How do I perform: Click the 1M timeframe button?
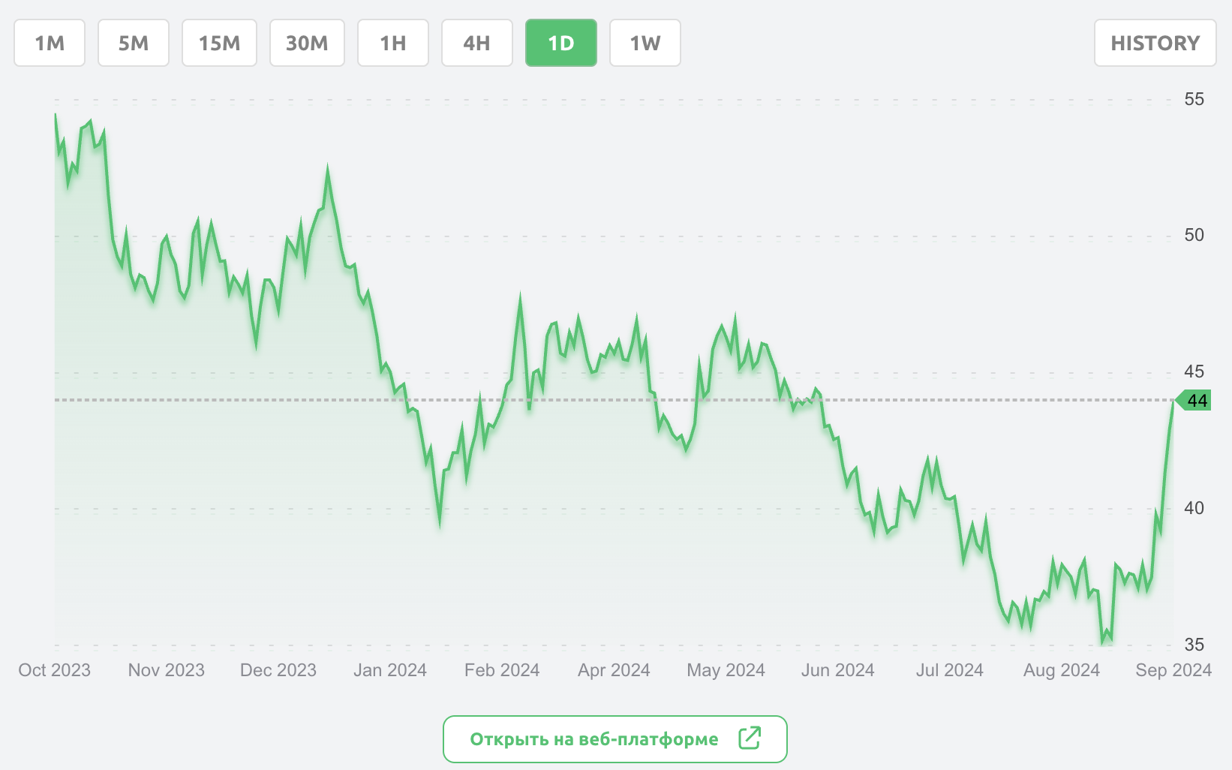coord(50,43)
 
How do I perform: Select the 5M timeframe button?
coord(134,43)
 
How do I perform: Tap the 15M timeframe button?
coord(219,43)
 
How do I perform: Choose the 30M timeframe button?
coord(307,43)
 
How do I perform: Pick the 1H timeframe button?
coord(393,43)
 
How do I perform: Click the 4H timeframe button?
coord(477,43)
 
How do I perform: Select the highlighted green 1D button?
coord(561,43)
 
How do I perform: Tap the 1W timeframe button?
coord(645,43)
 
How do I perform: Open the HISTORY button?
coord(1155,43)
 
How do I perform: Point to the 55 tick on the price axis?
coord(1194,99)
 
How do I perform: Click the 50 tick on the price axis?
coord(1194,235)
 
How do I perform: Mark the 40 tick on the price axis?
coord(1194,508)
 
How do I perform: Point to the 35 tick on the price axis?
coord(1194,644)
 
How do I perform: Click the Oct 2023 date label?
coord(54,670)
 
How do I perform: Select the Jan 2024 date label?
coord(390,670)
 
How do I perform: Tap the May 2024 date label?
coord(726,670)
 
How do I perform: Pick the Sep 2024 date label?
coord(1173,670)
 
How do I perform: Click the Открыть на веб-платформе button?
coord(593,739)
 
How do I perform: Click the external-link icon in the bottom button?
coord(750,738)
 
